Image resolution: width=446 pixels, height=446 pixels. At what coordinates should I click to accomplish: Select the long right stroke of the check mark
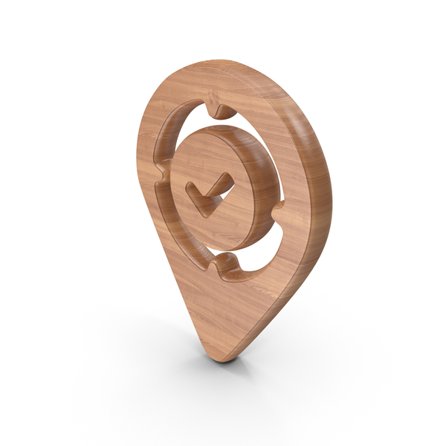[216, 190]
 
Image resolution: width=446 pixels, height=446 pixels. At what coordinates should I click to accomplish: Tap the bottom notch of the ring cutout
[227, 268]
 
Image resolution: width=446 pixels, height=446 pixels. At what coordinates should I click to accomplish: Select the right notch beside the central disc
[279, 210]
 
